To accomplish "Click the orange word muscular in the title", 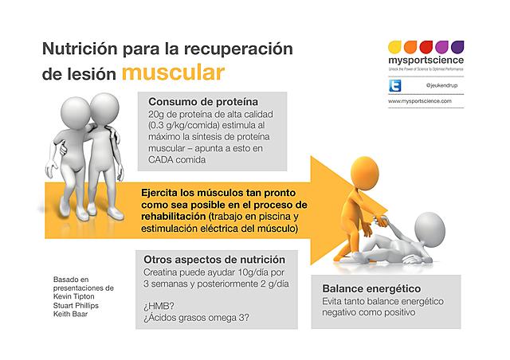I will (172, 72).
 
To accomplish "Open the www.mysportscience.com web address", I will (420, 102).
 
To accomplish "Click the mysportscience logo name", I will (420, 59).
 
